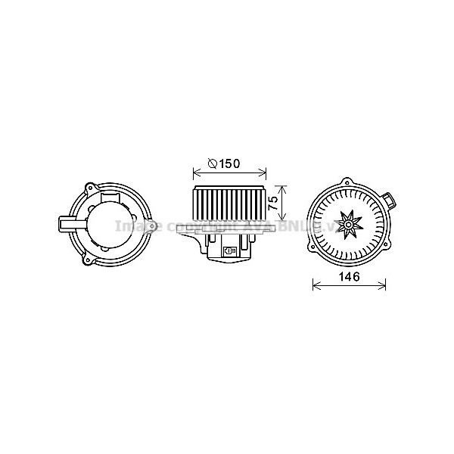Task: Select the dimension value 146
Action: coord(349,278)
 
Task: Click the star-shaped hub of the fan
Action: coord(349,223)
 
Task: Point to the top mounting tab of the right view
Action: coord(347,182)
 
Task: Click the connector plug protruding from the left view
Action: coord(66,225)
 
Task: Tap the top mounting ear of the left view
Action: coord(91,185)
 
